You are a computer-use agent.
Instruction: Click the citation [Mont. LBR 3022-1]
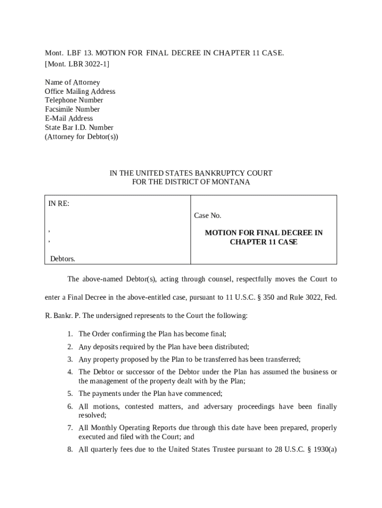pyautogui.click(x=77, y=64)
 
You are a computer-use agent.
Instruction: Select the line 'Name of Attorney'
pyautogui.click(x=72, y=82)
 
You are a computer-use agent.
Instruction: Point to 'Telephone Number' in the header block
pyautogui.click(x=74, y=100)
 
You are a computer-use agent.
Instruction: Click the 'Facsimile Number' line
pyautogui.click(x=72, y=109)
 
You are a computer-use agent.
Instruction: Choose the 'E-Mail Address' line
pyautogui.click(x=69, y=118)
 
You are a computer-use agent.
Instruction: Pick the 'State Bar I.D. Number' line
pyautogui.click(x=79, y=127)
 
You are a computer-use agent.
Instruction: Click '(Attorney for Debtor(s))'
pyautogui.click(x=81, y=136)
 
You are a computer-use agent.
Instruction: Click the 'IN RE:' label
pyautogui.click(x=59, y=203)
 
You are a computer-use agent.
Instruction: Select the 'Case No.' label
pyautogui.click(x=207, y=215)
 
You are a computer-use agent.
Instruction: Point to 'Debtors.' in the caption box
pyautogui.click(x=63, y=258)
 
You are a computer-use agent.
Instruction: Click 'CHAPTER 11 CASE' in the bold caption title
pyautogui.click(x=263, y=242)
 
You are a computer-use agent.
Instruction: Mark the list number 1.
pyautogui.click(x=70, y=334)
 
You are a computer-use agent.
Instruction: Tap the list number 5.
pyautogui.click(x=70, y=393)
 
